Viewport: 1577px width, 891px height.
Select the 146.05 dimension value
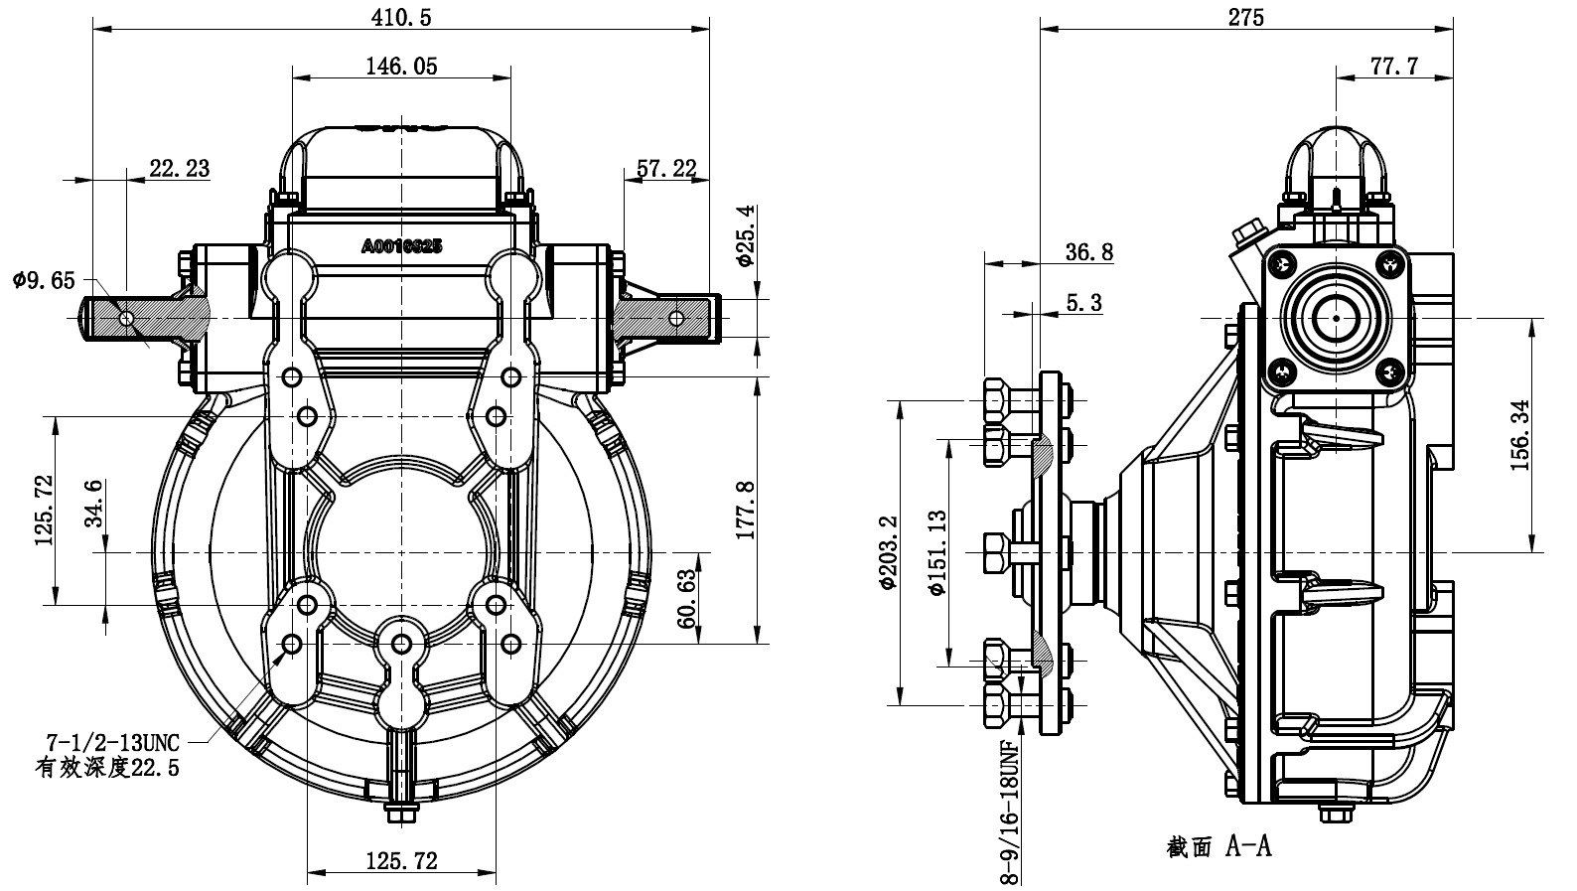401,67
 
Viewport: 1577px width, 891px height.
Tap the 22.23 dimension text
179,168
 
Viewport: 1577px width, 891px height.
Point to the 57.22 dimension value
666,168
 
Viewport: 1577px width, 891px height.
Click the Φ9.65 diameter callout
44,281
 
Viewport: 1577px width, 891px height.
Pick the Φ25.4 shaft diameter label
747,235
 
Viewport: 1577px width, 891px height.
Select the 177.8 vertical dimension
747,510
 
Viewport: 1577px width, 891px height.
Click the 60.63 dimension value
686,598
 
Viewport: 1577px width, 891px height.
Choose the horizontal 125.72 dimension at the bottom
401,860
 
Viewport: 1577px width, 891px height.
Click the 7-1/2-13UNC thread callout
111,742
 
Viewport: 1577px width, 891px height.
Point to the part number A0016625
401,245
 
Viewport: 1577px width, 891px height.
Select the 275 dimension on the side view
1245,17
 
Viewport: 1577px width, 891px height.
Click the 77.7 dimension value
1394,67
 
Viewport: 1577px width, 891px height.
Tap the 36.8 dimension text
1088,252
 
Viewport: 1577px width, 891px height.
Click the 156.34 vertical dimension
1520,435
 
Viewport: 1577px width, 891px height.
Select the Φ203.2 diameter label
888,552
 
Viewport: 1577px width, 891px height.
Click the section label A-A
1219,846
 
